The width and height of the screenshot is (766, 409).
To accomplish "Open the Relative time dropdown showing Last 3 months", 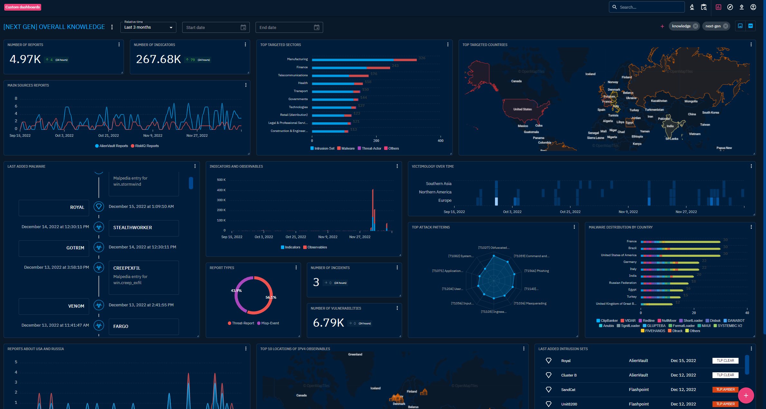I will click(148, 27).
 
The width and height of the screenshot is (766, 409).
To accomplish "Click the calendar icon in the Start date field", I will click(243, 27).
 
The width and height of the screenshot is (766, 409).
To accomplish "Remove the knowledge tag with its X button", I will click(696, 26).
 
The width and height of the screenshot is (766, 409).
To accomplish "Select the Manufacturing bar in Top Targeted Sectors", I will click(364, 60).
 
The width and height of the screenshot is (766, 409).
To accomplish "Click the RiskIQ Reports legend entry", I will click(147, 146).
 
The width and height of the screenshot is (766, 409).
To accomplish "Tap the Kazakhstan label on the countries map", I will click(659, 101).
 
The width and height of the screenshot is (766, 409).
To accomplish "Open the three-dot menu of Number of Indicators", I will click(245, 44).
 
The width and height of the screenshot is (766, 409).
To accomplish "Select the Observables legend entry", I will click(317, 247).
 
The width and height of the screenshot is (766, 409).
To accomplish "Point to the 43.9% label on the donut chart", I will click(236, 291).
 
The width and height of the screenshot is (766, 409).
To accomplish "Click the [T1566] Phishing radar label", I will click(536, 271).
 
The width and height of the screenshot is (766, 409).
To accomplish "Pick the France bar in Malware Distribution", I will click(680, 242).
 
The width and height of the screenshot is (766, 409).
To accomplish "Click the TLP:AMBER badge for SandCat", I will click(725, 389).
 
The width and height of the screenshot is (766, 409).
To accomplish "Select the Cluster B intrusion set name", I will click(569, 375).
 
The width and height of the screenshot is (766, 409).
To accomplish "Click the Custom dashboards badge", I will click(23, 7).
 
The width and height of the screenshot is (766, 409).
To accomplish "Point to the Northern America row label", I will click(435, 192).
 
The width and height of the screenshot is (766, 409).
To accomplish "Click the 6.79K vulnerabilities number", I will click(328, 322).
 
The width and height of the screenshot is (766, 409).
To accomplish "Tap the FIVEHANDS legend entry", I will click(655, 331).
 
